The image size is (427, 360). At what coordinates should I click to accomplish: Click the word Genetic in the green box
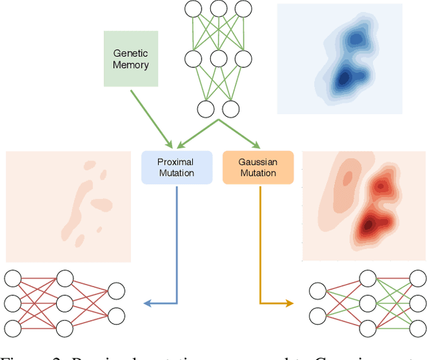tap(131, 53)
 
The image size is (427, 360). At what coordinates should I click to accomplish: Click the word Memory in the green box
tap(131, 65)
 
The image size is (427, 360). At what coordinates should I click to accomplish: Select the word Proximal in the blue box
tap(176, 162)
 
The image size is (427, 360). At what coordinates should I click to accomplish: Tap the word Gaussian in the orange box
tap(258, 162)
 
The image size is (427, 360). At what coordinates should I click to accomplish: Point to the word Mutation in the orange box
tap(258, 173)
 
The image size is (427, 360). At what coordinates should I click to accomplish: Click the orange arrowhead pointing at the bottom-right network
tap(289, 303)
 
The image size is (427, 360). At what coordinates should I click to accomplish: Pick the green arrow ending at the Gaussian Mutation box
tap(240, 134)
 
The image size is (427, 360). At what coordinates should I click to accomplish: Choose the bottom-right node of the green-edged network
tap(230, 108)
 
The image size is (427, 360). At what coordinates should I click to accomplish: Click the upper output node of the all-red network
tap(116, 291)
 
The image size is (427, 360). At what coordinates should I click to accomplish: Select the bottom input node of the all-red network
tap(12, 328)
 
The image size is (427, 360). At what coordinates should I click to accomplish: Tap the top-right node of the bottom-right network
tap(418, 278)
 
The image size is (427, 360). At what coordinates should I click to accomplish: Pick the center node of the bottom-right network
tap(368, 303)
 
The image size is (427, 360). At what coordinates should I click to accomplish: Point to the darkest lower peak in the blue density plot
tap(342, 78)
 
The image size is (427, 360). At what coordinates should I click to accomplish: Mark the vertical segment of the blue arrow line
tap(177, 240)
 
